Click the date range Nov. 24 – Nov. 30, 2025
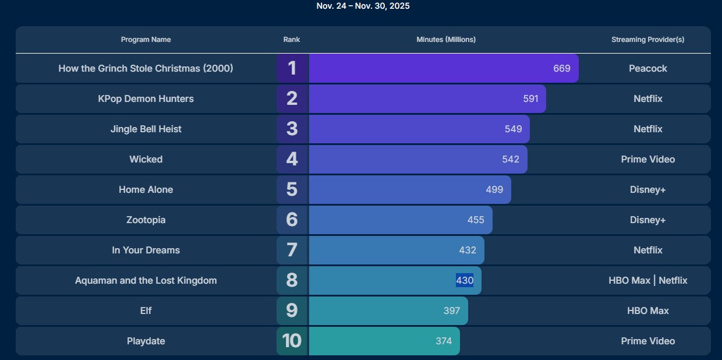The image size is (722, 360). coord(363,6)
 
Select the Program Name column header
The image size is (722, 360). coord(146,40)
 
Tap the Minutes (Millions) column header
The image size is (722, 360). coord(445,40)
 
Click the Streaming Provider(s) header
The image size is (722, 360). coord(647,40)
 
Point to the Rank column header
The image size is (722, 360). coord(292,40)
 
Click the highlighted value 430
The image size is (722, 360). coord(465,280)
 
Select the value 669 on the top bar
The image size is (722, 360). coord(561,68)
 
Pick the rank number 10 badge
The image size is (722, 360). coord(292,341)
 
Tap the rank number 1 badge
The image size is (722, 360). coord(292,68)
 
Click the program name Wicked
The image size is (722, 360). coord(146,159)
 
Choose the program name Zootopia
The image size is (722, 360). coord(146,220)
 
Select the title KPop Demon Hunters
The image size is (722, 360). coord(146,98)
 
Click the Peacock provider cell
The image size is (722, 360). coord(647,68)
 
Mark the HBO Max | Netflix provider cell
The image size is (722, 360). coord(647,280)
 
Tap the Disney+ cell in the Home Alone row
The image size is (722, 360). coord(647,189)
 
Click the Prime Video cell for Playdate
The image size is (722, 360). coord(647,341)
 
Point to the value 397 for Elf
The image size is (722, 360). coord(451,310)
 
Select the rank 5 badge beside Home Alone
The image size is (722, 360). coord(292,189)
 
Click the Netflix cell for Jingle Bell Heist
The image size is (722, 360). coord(647,129)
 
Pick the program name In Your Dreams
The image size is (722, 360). coord(146,250)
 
